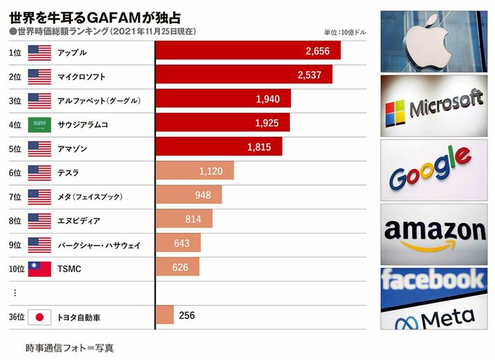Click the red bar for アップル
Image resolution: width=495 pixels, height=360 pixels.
point(247,51)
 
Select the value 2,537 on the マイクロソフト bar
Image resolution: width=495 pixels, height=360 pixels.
point(313,75)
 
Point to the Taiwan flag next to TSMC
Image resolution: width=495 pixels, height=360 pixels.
point(39,269)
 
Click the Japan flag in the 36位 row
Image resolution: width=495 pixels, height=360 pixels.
point(39,316)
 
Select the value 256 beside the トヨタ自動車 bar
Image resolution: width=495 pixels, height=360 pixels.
point(187,315)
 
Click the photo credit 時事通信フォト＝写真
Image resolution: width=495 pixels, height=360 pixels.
point(69,347)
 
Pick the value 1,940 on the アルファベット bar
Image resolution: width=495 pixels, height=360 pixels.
point(268,99)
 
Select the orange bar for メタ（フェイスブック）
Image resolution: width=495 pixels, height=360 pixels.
point(188,195)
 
